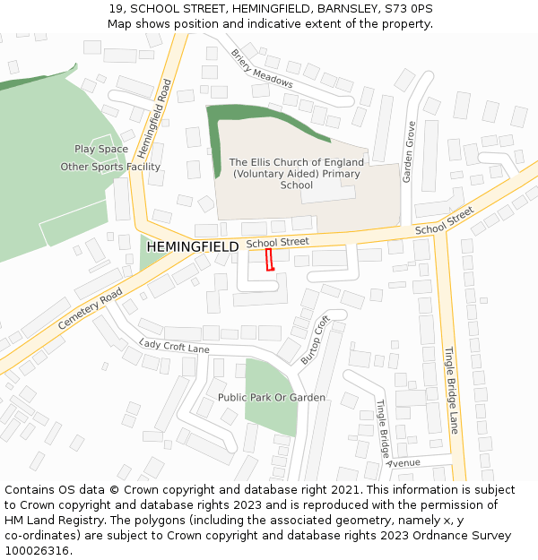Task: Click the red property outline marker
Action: click(269, 260)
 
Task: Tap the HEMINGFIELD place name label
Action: click(192, 246)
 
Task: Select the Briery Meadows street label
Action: click(262, 68)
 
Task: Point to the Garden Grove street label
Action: click(409, 151)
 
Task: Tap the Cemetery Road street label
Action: click(90, 308)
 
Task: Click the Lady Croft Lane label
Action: click(174, 346)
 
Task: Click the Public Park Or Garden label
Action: click(272, 397)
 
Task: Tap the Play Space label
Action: click(101, 149)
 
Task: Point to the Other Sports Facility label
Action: click(110, 167)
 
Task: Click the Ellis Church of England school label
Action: click(296, 174)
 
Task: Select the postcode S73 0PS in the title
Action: click(409, 8)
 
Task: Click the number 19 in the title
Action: click(114, 8)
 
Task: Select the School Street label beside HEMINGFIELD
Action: click(277, 242)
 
